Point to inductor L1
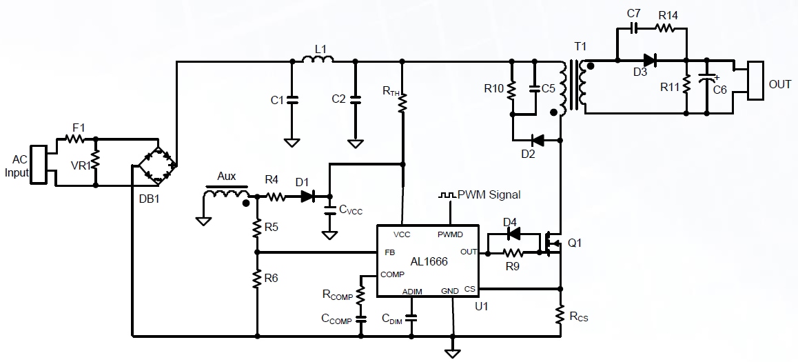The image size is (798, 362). click(318, 61)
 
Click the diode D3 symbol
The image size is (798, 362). click(648, 61)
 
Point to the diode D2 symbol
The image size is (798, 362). click(538, 141)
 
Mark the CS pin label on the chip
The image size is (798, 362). click(469, 289)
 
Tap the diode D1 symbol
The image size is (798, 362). click(307, 197)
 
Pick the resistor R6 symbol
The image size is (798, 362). click(257, 280)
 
